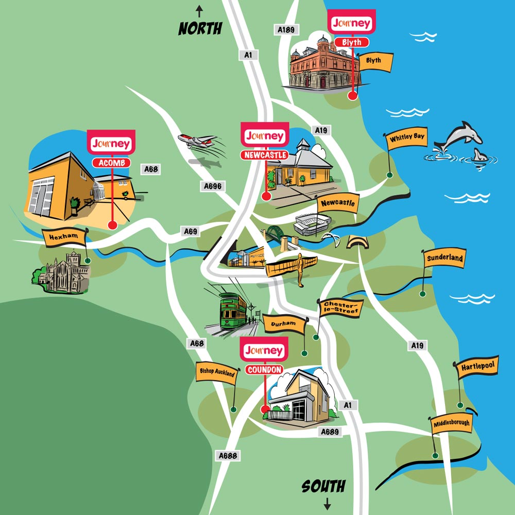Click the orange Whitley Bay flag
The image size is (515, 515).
click(x=407, y=139)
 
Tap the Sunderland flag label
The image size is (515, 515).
click(x=444, y=258)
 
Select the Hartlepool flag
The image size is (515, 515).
click(x=476, y=367)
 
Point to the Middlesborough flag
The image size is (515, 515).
click(x=452, y=423)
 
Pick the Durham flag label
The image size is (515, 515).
click(x=283, y=324)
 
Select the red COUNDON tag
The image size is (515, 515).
click(x=264, y=370)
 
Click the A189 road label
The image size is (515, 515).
click(x=286, y=30)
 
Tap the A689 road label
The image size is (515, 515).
click(x=329, y=432)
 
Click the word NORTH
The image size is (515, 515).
click(x=200, y=29)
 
